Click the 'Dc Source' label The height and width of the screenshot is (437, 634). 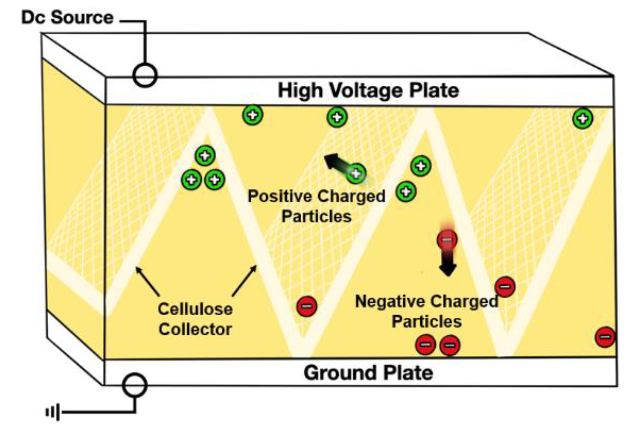(67, 18)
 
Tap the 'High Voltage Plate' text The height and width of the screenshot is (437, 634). (368, 90)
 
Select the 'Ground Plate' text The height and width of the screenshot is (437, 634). (368, 373)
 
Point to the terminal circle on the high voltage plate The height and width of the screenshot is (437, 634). (145, 75)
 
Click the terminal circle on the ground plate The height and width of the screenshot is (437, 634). (135, 385)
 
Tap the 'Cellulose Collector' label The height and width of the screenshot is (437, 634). (195, 319)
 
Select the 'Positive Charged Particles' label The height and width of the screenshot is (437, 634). (316, 206)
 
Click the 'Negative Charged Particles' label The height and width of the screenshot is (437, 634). (426, 311)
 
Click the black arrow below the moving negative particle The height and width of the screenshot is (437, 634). (448, 265)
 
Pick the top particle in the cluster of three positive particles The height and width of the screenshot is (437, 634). (205, 156)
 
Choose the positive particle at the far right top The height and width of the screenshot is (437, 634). (583, 118)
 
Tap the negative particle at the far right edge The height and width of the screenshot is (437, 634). (605, 337)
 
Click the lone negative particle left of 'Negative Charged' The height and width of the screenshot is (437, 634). (307, 306)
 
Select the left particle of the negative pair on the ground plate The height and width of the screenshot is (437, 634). (425, 345)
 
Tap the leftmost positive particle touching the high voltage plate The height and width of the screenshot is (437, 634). (253, 115)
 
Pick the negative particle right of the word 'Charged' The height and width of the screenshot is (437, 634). (505, 286)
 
